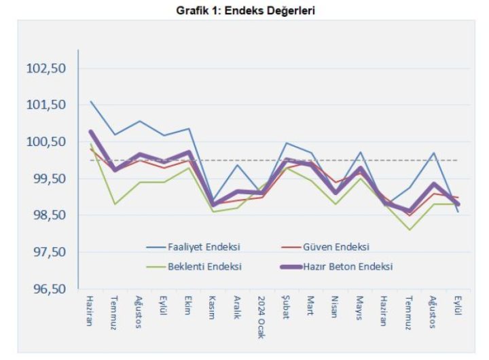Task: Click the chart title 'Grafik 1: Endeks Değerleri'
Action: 245,11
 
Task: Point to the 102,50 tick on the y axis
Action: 46,69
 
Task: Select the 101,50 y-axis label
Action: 46,105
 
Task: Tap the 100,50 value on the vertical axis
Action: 46,142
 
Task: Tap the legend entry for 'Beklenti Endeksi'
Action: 204,266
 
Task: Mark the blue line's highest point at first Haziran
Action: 90,101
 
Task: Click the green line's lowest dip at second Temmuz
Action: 409,230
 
